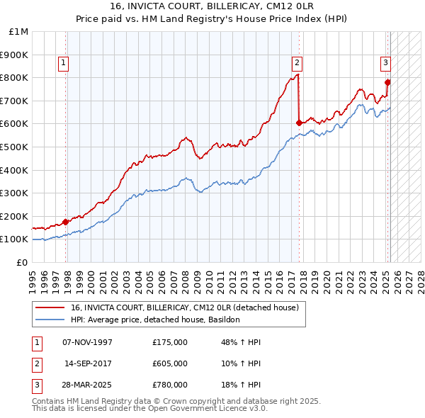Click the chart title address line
(x=212, y=7)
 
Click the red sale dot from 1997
(x=66, y=222)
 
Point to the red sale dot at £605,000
(x=299, y=123)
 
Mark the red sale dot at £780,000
(x=387, y=82)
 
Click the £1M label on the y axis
(x=19, y=31)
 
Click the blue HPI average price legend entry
(x=156, y=320)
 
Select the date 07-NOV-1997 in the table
(x=88, y=342)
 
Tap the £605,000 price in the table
(x=170, y=363)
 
